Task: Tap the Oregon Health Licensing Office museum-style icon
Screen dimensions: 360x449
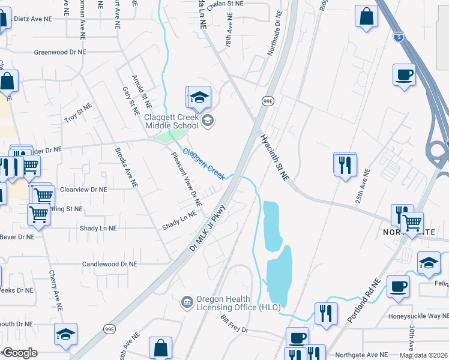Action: point(187,300)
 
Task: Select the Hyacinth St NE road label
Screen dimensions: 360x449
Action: point(275,157)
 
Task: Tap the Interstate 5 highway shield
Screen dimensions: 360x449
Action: point(399,37)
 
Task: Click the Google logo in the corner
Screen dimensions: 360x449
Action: point(20,353)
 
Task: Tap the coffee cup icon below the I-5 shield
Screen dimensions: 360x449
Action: point(404,76)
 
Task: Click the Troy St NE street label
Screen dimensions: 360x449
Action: point(78,113)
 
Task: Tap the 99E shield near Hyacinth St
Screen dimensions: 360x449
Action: point(268,101)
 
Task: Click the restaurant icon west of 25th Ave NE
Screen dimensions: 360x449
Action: point(345,164)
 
